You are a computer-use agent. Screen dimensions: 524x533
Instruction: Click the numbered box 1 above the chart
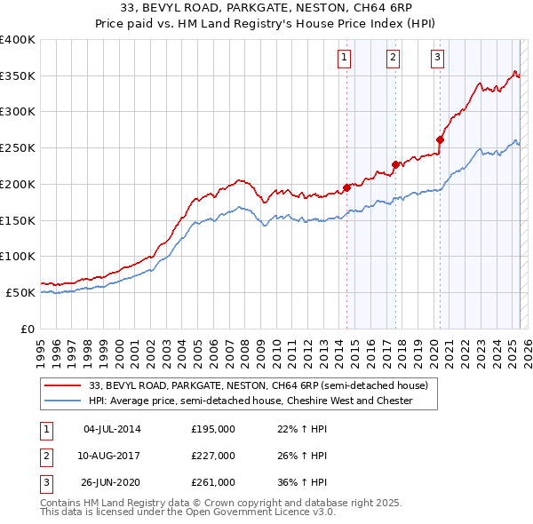click(344, 59)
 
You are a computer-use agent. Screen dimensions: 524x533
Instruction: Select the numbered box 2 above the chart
click(393, 59)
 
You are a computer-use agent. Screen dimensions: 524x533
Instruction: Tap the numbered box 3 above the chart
click(438, 59)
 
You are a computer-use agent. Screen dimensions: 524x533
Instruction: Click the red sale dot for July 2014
click(346, 187)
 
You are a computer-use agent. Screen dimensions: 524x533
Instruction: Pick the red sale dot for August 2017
click(395, 164)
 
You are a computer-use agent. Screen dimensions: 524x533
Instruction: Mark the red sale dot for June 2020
click(440, 139)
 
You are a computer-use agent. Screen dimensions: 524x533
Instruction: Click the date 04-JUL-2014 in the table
click(112, 429)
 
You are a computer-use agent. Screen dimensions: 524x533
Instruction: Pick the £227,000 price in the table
click(213, 456)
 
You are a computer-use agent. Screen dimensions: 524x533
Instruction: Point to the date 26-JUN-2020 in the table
click(112, 482)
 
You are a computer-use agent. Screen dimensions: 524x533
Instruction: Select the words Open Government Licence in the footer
click(251, 512)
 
